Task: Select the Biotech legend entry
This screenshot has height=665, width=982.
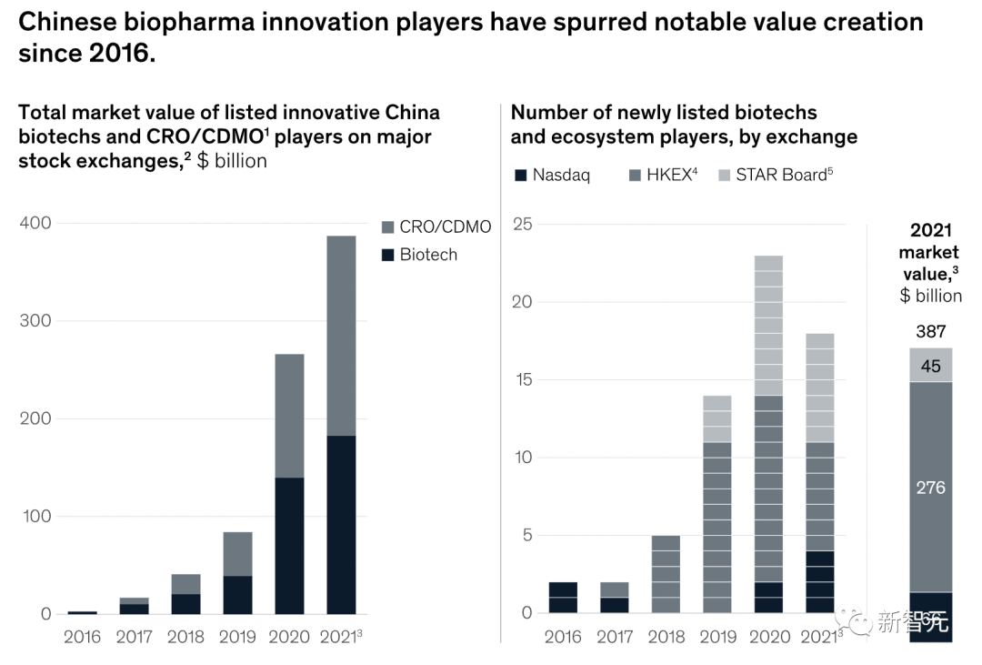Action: coord(419,255)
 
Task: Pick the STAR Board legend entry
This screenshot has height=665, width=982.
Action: coord(774,176)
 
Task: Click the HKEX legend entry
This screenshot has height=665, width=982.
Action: coord(663,176)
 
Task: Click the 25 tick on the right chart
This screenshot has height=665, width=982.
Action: coord(522,224)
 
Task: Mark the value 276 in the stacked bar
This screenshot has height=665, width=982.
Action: coord(930,488)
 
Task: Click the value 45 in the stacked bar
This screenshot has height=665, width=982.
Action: coord(930,366)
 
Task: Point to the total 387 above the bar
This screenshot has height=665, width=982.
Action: coord(930,332)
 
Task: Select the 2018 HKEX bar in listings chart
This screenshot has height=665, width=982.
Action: coord(666,574)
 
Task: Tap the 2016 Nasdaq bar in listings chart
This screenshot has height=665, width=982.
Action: coord(563,598)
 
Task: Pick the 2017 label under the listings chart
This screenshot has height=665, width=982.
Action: coord(615,636)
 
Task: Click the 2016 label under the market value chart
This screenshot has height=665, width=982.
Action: coord(82,636)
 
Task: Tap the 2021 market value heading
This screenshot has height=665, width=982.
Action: coord(930,251)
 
